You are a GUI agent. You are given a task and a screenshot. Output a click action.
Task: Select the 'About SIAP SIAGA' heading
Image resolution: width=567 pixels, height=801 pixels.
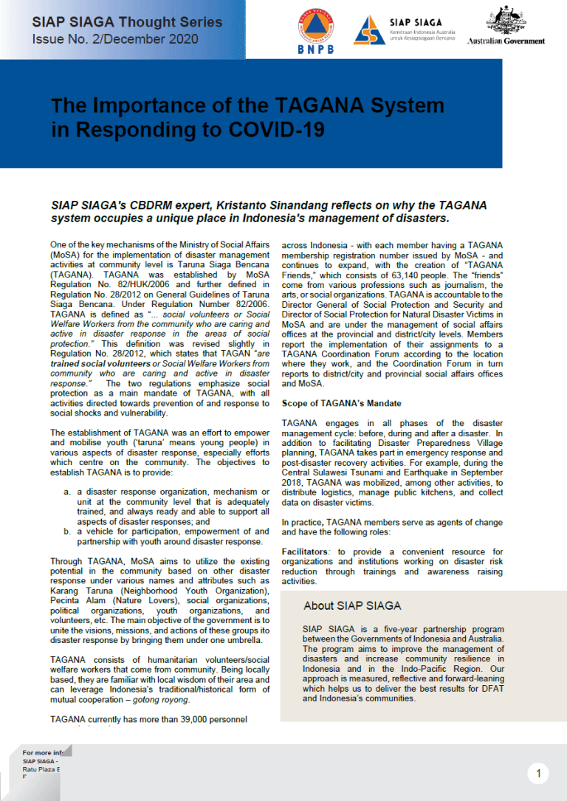coord(352,606)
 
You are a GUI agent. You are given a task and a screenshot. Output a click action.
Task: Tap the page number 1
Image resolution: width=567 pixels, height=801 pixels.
coord(539,774)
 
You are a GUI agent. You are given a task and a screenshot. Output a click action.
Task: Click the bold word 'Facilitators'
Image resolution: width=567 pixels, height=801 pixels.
coord(307,552)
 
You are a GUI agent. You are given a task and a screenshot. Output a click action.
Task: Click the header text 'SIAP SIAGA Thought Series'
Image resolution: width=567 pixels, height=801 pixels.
coord(127,22)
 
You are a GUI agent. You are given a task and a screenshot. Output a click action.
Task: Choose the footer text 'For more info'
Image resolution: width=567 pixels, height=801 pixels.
coord(44,752)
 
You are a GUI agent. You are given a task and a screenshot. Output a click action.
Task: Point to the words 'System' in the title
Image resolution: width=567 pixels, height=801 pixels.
coord(403,105)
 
